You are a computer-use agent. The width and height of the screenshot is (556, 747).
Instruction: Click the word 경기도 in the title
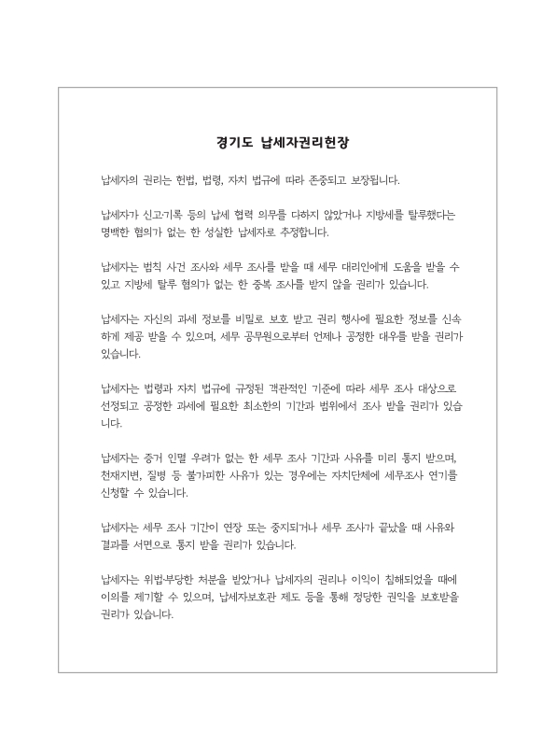click(x=229, y=144)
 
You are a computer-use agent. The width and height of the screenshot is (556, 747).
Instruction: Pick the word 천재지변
click(x=120, y=476)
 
